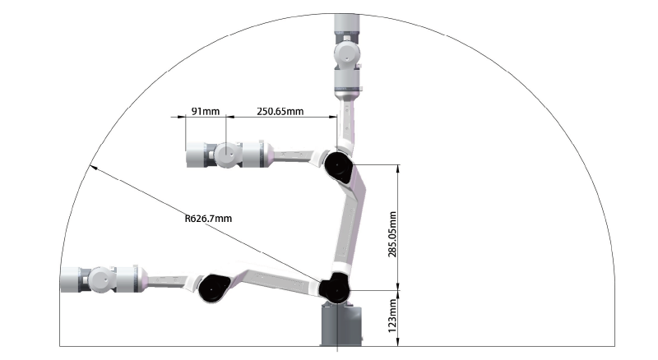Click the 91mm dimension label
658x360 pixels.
click(205, 111)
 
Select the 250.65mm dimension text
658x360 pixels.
click(280, 111)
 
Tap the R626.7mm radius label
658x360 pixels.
click(208, 218)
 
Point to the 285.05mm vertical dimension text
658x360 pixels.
click(392, 234)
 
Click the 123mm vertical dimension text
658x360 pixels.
click(392, 316)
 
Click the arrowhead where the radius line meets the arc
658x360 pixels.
click(94, 168)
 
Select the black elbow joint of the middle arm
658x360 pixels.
click(338, 166)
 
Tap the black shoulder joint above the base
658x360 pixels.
click(335, 288)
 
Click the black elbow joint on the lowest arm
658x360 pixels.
click(212, 288)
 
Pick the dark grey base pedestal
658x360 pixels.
click(341, 325)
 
